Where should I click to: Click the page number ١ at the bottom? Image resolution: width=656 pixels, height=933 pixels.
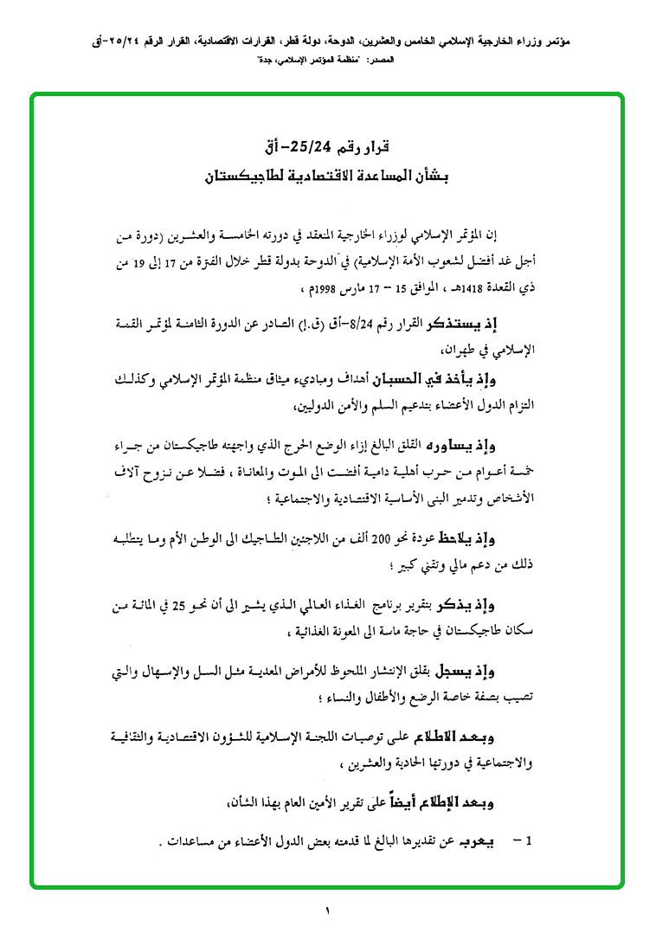pos(328,910)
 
